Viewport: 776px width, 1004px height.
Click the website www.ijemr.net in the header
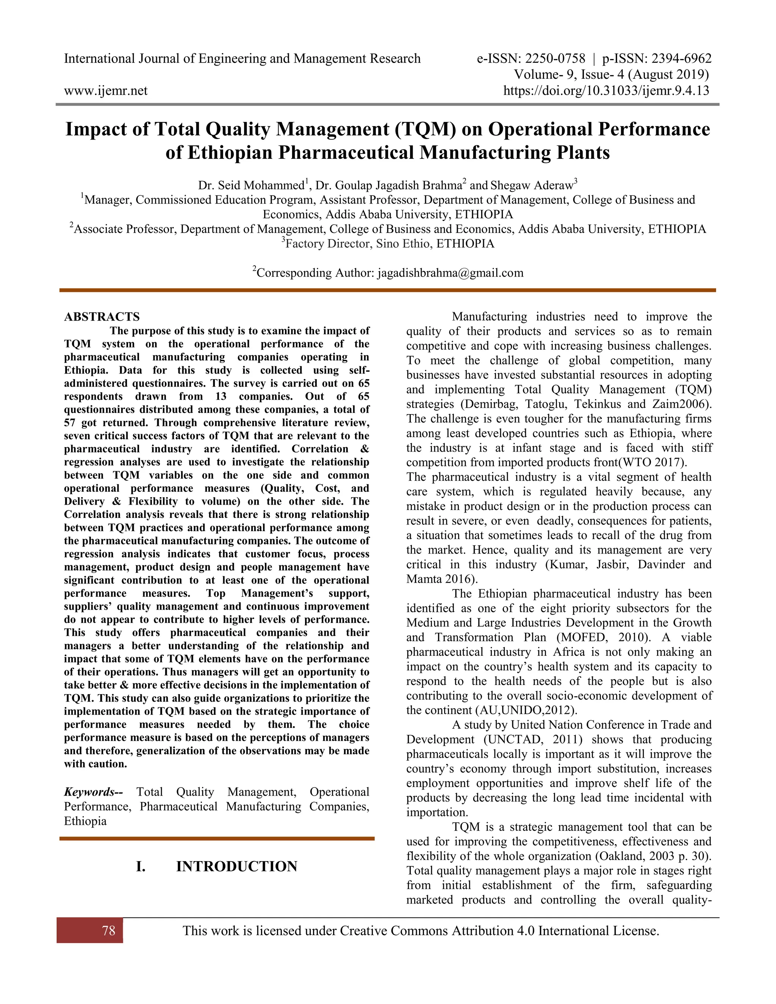coord(106,91)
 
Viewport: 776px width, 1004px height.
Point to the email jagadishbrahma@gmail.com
coord(450,273)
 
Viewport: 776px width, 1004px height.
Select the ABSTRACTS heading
coord(102,317)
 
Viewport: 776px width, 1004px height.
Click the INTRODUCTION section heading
coord(236,866)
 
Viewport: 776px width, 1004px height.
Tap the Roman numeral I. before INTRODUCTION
coord(141,866)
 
